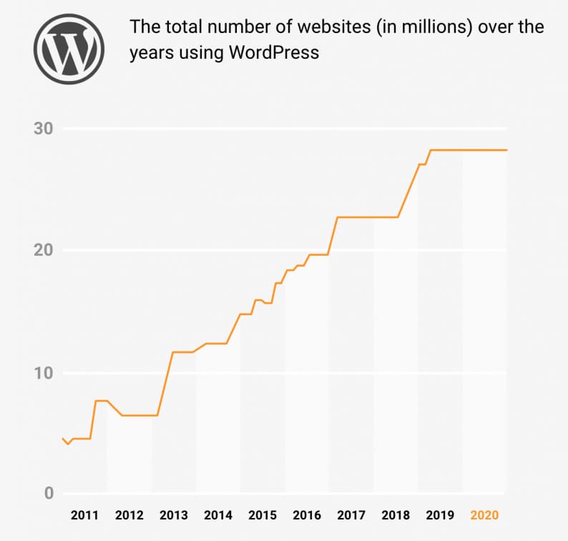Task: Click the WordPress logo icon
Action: (x=69, y=49)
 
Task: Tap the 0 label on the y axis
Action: (x=49, y=493)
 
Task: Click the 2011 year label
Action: (x=84, y=515)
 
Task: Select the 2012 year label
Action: (x=129, y=515)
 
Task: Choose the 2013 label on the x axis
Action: (x=173, y=515)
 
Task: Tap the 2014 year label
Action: (x=217, y=515)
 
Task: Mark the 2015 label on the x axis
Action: (x=263, y=515)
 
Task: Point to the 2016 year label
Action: (x=307, y=515)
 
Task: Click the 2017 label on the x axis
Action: (x=351, y=515)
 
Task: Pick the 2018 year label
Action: (x=396, y=515)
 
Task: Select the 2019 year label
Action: (x=440, y=515)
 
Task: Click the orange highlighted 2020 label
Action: (x=484, y=515)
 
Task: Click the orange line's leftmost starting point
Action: (x=63, y=438)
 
